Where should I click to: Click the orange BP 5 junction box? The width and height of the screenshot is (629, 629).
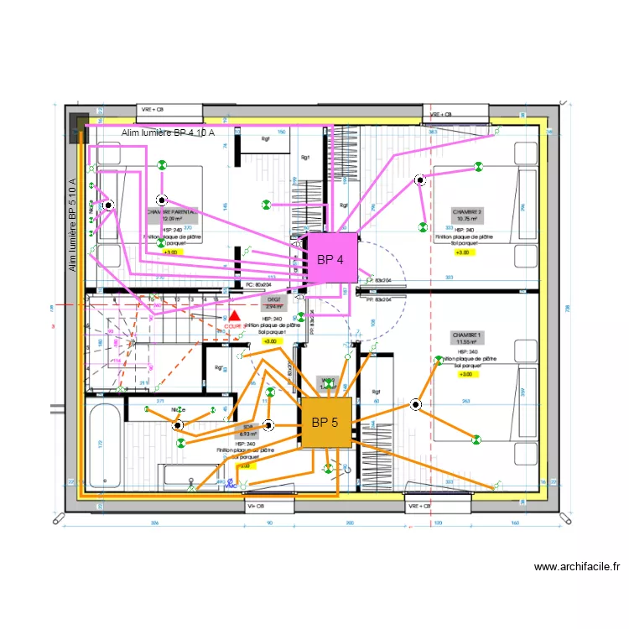coord(325,421)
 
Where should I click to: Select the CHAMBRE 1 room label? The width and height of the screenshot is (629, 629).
coord(466,338)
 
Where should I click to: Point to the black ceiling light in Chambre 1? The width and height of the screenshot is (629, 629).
coord(415,405)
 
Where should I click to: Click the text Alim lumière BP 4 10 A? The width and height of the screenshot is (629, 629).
coord(168,133)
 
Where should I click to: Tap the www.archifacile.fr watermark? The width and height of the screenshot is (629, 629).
coord(577,567)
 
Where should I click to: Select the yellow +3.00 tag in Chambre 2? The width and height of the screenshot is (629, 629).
coord(463,252)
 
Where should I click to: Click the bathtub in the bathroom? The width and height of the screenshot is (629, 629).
coord(105,446)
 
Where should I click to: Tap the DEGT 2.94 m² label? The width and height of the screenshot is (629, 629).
coord(274,302)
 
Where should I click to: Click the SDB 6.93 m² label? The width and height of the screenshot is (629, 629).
coord(246,430)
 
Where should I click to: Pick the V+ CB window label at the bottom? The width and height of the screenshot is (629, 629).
coord(256,507)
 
